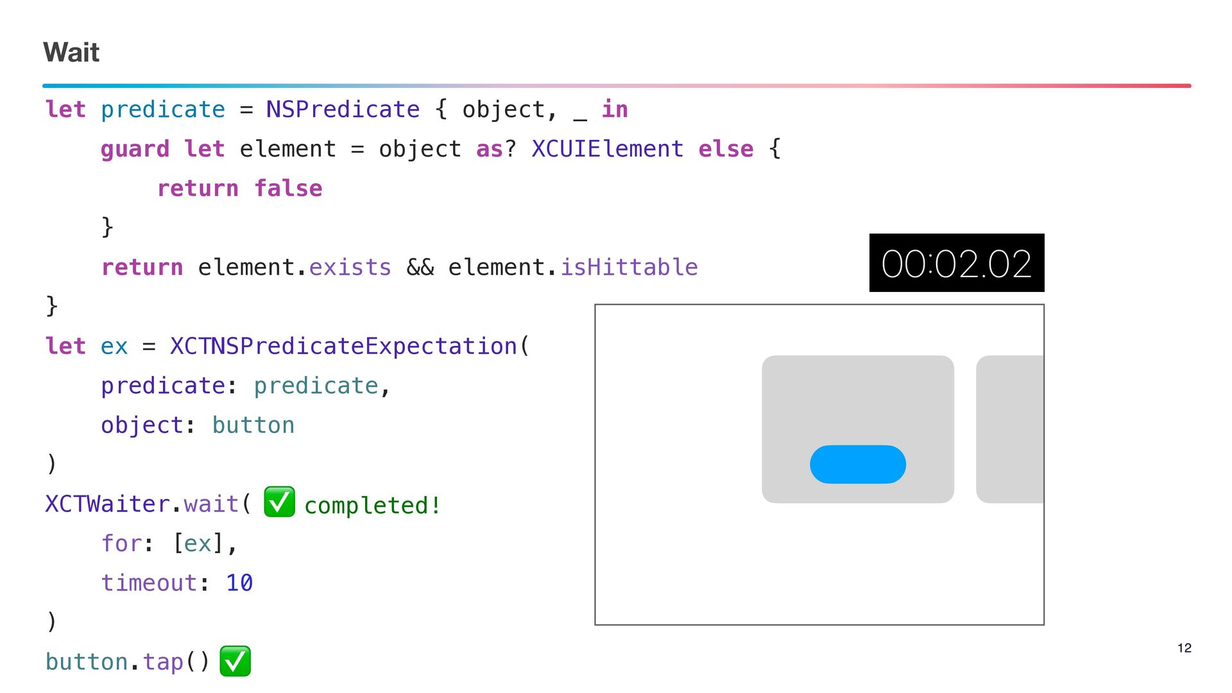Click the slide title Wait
coord(71,52)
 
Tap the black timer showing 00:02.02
coord(956,263)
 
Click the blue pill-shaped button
coord(857,464)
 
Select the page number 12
coord(1184,648)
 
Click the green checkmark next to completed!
coord(279,502)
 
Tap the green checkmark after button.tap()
coord(235,661)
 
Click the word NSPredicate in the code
coord(343,110)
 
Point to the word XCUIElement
coord(607,149)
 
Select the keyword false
coord(288,189)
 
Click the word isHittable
coord(629,267)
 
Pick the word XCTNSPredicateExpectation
coord(343,346)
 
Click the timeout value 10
coord(239,583)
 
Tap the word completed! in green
coord(372,506)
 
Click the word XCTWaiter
coord(107,504)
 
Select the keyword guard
coord(135,149)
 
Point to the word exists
coord(350,267)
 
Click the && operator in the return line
coord(420,267)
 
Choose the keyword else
coord(726,149)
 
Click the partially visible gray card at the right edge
coord(1010,429)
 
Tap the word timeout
coord(149,583)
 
